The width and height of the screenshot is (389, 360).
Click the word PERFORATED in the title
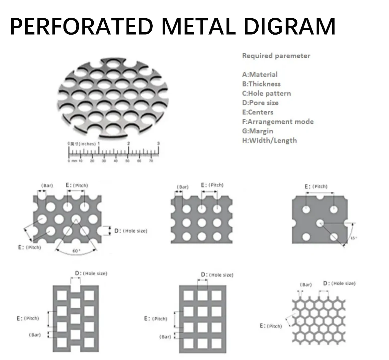81,27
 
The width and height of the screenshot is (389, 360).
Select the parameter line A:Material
260,75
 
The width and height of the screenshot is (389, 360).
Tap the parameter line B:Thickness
261,84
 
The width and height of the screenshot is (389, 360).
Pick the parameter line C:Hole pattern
266,93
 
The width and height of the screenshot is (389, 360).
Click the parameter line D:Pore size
260,103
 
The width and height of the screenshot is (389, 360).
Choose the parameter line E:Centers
258,112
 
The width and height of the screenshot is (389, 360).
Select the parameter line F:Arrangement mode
278,121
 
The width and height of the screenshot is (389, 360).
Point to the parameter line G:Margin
258,131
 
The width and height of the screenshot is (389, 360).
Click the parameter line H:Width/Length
269,140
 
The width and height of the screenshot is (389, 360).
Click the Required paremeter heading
276,56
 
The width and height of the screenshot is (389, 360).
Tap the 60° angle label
76,251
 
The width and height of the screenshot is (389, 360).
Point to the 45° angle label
353,238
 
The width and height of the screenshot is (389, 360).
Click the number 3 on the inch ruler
158,143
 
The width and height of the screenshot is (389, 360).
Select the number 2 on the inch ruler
129,143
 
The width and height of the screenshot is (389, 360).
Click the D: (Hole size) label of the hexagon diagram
339,283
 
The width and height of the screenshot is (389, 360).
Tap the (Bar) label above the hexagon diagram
306,285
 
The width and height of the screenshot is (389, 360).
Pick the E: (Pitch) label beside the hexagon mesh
271,326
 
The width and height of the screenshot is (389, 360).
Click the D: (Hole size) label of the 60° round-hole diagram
131,231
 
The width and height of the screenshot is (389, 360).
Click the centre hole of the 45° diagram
320,223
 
